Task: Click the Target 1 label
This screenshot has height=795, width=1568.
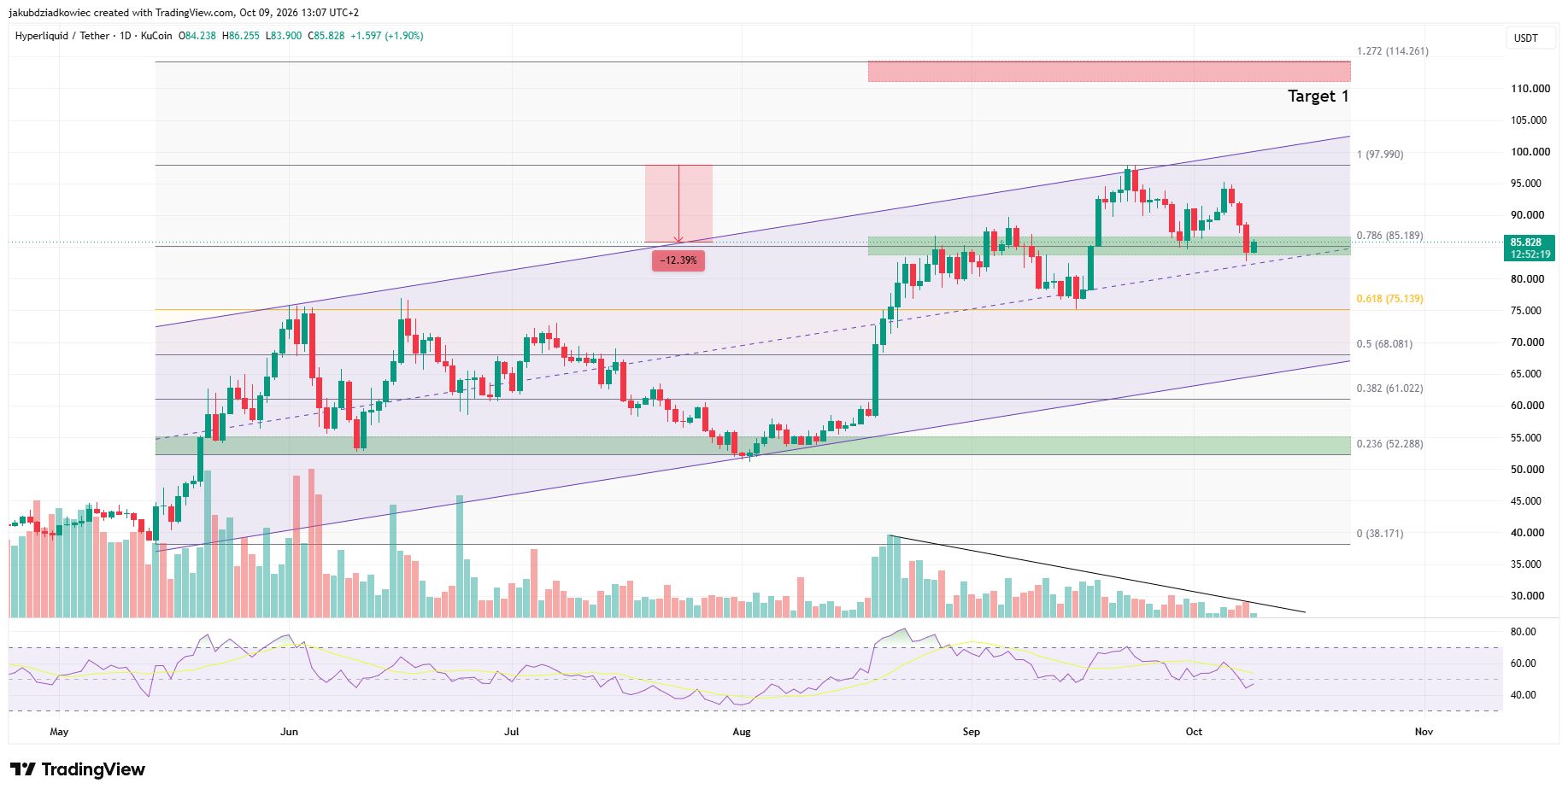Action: [x=1318, y=96]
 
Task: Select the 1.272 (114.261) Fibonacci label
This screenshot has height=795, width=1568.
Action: [x=1392, y=51]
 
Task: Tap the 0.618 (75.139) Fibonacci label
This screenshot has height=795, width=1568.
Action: [x=1389, y=299]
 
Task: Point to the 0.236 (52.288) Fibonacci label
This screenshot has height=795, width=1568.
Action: [x=1389, y=444]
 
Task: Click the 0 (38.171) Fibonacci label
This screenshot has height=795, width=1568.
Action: [x=1379, y=534]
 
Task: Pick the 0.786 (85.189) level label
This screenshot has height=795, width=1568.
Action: [x=1389, y=236]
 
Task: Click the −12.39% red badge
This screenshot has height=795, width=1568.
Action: [x=678, y=260]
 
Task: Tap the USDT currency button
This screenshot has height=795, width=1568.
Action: [x=1526, y=38]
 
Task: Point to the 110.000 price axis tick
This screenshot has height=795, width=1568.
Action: [x=1530, y=89]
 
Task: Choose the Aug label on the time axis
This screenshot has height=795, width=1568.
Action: [x=742, y=732]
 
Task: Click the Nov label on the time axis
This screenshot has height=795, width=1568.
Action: [x=1424, y=732]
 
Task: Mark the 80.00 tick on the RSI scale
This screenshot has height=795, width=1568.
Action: [x=1523, y=632]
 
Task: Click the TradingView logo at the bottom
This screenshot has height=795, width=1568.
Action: [x=78, y=769]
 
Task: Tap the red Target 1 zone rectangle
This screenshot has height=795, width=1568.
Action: [x=1109, y=71]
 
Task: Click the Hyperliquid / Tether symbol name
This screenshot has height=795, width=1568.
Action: [x=62, y=36]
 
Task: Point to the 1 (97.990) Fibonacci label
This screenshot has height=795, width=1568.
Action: [x=1379, y=155]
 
